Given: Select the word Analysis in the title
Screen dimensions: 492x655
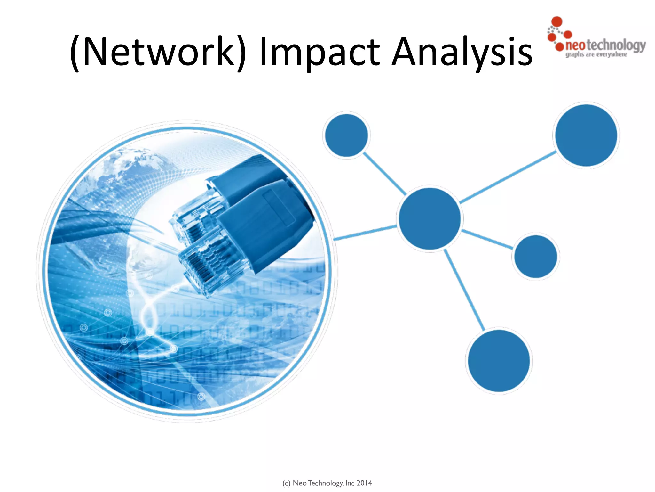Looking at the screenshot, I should click(x=462, y=52).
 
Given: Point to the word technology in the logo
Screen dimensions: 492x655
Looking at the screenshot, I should click(x=616, y=45).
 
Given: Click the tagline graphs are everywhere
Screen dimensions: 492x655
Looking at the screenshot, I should click(x=596, y=54).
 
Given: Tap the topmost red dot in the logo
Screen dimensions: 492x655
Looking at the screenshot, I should click(x=557, y=21).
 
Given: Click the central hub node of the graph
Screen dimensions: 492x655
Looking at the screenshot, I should click(x=430, y=218).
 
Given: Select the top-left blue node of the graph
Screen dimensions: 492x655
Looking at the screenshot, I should click(x=346, y=135).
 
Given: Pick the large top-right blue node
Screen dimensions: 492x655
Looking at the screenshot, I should click(x=586, y=135).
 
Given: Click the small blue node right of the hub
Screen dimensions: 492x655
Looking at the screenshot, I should click(x=536, y=256).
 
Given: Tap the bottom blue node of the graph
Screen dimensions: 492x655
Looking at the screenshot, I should click(x=499, y=361).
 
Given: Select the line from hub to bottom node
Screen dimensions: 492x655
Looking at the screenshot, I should click(x=464, y=290).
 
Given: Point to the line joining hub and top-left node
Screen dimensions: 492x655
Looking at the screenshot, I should click(x=385, y=174).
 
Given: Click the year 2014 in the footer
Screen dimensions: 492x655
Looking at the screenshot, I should click(x=364, y=483).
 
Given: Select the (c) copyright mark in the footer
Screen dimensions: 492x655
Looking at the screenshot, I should click(x=286, y=483).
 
